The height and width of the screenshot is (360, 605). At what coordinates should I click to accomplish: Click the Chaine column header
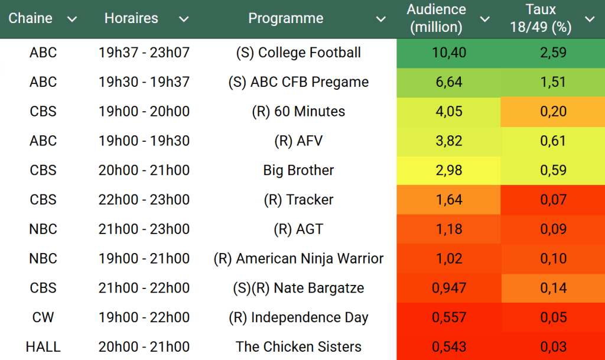[x=31, y=18]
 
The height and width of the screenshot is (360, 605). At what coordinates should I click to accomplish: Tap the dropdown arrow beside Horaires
[x=184, y=20]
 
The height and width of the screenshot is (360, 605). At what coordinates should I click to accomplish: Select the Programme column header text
[x=285, y=18]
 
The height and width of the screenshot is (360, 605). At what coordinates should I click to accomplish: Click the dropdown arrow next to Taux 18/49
[x=589, y=20]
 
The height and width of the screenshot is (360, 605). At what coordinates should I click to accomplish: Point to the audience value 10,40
[x=449, y=53]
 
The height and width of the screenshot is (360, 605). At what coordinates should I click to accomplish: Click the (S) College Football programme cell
[x=298, y=53]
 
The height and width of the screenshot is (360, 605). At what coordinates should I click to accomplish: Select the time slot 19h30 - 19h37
[x=144, y=82]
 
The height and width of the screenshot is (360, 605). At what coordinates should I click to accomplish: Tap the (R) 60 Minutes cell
[x=298, y=112]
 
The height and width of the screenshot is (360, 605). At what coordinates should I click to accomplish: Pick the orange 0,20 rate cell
[x=553, y=112]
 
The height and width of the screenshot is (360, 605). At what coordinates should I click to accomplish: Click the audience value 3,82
[x=449, y=141]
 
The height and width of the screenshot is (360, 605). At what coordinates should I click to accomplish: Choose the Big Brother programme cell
[x=298, y=170]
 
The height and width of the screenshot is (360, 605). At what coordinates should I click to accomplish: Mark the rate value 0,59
[x=553, y=170]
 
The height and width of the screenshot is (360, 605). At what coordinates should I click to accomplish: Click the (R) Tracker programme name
[x=298, y=200]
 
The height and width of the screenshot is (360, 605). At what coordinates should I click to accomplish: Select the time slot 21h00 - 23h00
[x=144, y=229]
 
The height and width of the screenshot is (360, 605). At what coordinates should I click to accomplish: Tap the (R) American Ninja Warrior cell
[x=298, y=258]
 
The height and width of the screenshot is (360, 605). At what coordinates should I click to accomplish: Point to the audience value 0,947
[x=449, y=288]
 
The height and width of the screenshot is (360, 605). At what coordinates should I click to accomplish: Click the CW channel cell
[x=43, y=317]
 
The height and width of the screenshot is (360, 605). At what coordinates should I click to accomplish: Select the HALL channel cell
[x=43, y=347]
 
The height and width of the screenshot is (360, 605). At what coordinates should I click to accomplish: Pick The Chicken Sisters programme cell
[x=298, y=347]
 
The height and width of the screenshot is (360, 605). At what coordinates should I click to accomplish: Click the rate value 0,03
[x=553, y=347]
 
